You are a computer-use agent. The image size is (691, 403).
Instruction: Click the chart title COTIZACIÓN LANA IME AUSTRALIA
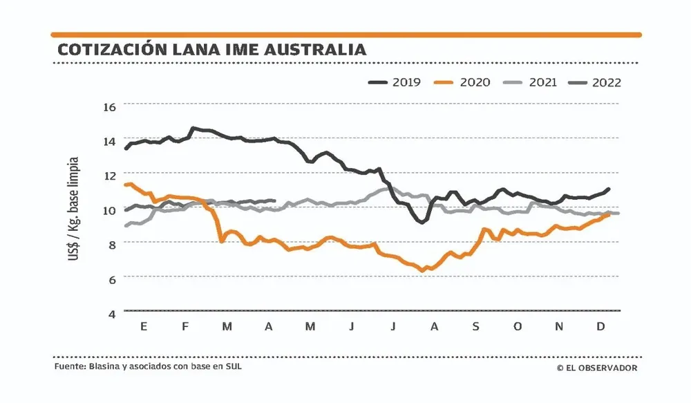[x=211, y=50]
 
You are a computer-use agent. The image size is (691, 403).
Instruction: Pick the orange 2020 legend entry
[x=462, y=82]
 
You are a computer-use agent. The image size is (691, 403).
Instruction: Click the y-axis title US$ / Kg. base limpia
[x=73, y=208]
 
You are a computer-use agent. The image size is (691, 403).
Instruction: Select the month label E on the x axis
[x=143, y=326]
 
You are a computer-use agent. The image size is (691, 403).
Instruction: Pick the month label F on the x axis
[x=184, y=326]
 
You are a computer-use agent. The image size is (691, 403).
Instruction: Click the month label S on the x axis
[x=475, y=326]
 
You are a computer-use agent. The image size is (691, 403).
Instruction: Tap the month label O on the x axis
[x=517, y=326]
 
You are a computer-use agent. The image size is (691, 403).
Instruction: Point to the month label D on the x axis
[x=600, y=326]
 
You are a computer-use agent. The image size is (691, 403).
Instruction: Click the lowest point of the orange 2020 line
[x=422, y=271]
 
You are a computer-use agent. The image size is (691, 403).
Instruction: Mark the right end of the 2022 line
[x=274, y=201]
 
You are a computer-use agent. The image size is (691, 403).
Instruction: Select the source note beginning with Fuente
[x=148, y=367]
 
